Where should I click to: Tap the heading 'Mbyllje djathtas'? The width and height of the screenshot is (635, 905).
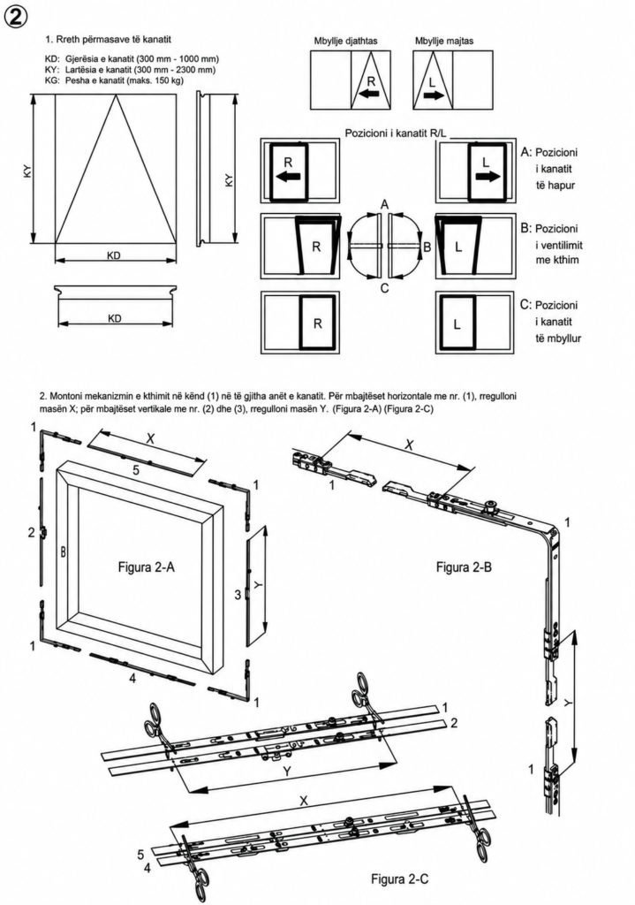[345, 42]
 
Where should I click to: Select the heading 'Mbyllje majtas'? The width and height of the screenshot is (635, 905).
[444, 42]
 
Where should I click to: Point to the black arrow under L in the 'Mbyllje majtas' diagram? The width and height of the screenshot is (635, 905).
[435, 95]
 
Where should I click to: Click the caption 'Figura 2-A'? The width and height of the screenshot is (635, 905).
[147, 567]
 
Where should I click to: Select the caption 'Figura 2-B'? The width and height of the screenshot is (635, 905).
[464, 567]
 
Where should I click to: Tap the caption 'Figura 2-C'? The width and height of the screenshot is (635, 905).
[400, 879]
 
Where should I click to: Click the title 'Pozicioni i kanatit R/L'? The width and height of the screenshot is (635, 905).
[396, 133]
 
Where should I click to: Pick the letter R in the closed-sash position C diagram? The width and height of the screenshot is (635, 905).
[317, 324]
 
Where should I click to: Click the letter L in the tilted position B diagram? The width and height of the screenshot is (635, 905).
[458, 247]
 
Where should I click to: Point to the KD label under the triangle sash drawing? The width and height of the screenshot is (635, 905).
[114, 255]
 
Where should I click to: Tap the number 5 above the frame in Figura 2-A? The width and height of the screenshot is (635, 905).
[136, 470]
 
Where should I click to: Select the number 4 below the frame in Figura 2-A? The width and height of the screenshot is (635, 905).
[132, 680]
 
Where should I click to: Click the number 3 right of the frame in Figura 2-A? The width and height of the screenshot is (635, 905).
[238, 594]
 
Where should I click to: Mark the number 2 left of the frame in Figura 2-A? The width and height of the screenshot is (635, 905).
[32, 533]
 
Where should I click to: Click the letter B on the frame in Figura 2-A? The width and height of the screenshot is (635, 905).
[63, 552]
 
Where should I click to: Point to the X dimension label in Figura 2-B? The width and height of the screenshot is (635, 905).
[410, 445]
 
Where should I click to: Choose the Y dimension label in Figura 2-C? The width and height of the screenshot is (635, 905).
[287, 772]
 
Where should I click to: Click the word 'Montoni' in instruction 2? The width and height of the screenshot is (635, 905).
[66, 397]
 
